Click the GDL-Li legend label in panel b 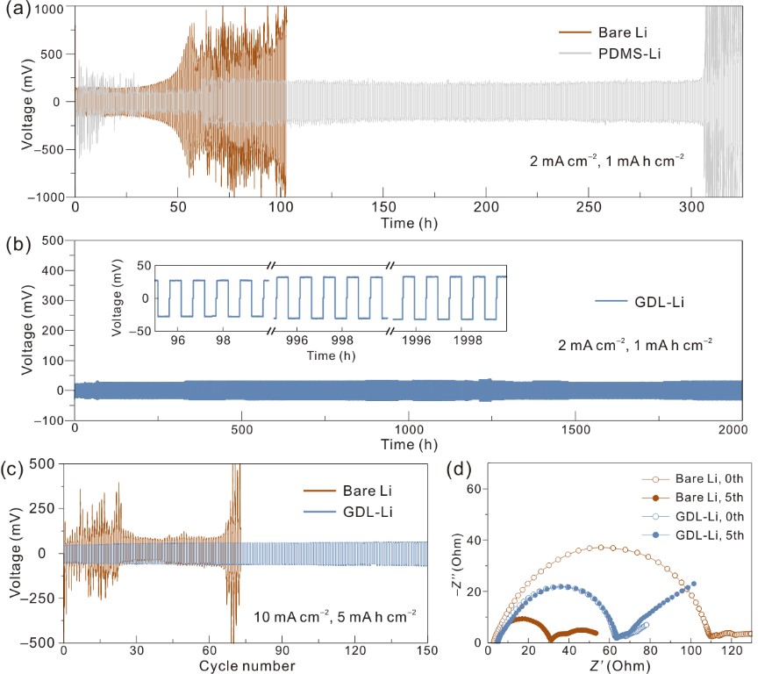pos(636,303)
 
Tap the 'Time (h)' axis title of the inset pos(330,355)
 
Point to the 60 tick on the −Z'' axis pos(473,487)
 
